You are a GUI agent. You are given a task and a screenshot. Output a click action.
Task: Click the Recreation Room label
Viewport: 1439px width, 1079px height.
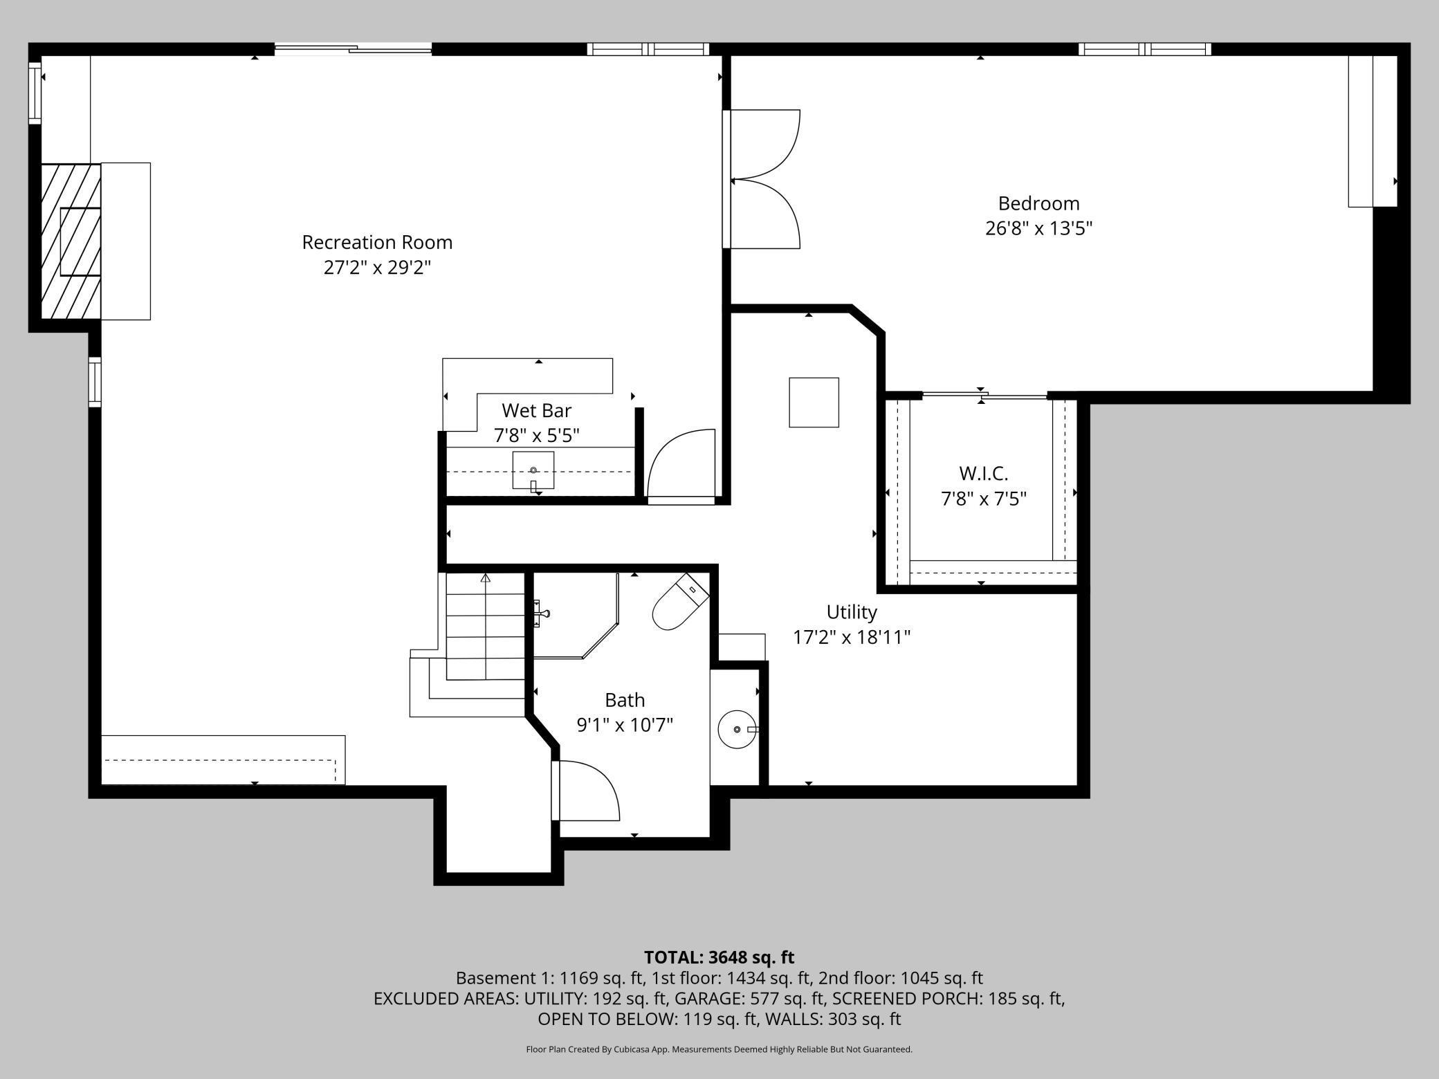(377, 242)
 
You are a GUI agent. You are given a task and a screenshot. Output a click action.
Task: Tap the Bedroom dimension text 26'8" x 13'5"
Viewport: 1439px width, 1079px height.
(1038, 228)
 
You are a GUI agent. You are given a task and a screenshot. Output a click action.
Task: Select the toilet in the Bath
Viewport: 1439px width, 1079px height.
(681, 601)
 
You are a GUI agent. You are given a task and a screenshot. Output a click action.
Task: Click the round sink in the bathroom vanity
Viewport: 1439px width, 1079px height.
(737, 729)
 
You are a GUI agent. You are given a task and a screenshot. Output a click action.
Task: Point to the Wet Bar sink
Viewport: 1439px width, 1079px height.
(533, 470)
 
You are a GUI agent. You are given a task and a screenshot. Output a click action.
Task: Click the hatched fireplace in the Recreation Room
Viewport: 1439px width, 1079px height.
(71, 241)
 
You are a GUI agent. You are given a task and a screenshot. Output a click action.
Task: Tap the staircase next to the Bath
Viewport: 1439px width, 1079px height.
(485, 626)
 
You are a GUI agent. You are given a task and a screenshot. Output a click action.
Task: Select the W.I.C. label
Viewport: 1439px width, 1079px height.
(983, 474)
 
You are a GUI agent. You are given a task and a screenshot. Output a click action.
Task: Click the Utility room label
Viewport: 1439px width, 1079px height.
(852, 612)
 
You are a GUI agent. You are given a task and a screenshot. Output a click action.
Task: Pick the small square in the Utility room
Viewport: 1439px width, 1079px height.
(814, 403)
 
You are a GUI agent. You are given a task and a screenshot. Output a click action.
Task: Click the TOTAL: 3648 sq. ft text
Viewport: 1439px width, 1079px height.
(719, 957)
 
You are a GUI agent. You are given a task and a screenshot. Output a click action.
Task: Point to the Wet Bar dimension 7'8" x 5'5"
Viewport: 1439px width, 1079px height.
(536, 436)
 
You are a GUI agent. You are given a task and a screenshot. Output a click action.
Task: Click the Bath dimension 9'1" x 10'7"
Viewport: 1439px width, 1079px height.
(625, 725)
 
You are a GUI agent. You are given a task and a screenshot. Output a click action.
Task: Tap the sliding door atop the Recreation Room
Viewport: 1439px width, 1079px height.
(353, 48)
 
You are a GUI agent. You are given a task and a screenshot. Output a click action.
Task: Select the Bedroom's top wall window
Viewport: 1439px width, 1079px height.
(1145, 49)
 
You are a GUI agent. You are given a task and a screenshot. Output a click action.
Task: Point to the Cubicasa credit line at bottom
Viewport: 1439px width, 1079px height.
(719, 1049)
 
